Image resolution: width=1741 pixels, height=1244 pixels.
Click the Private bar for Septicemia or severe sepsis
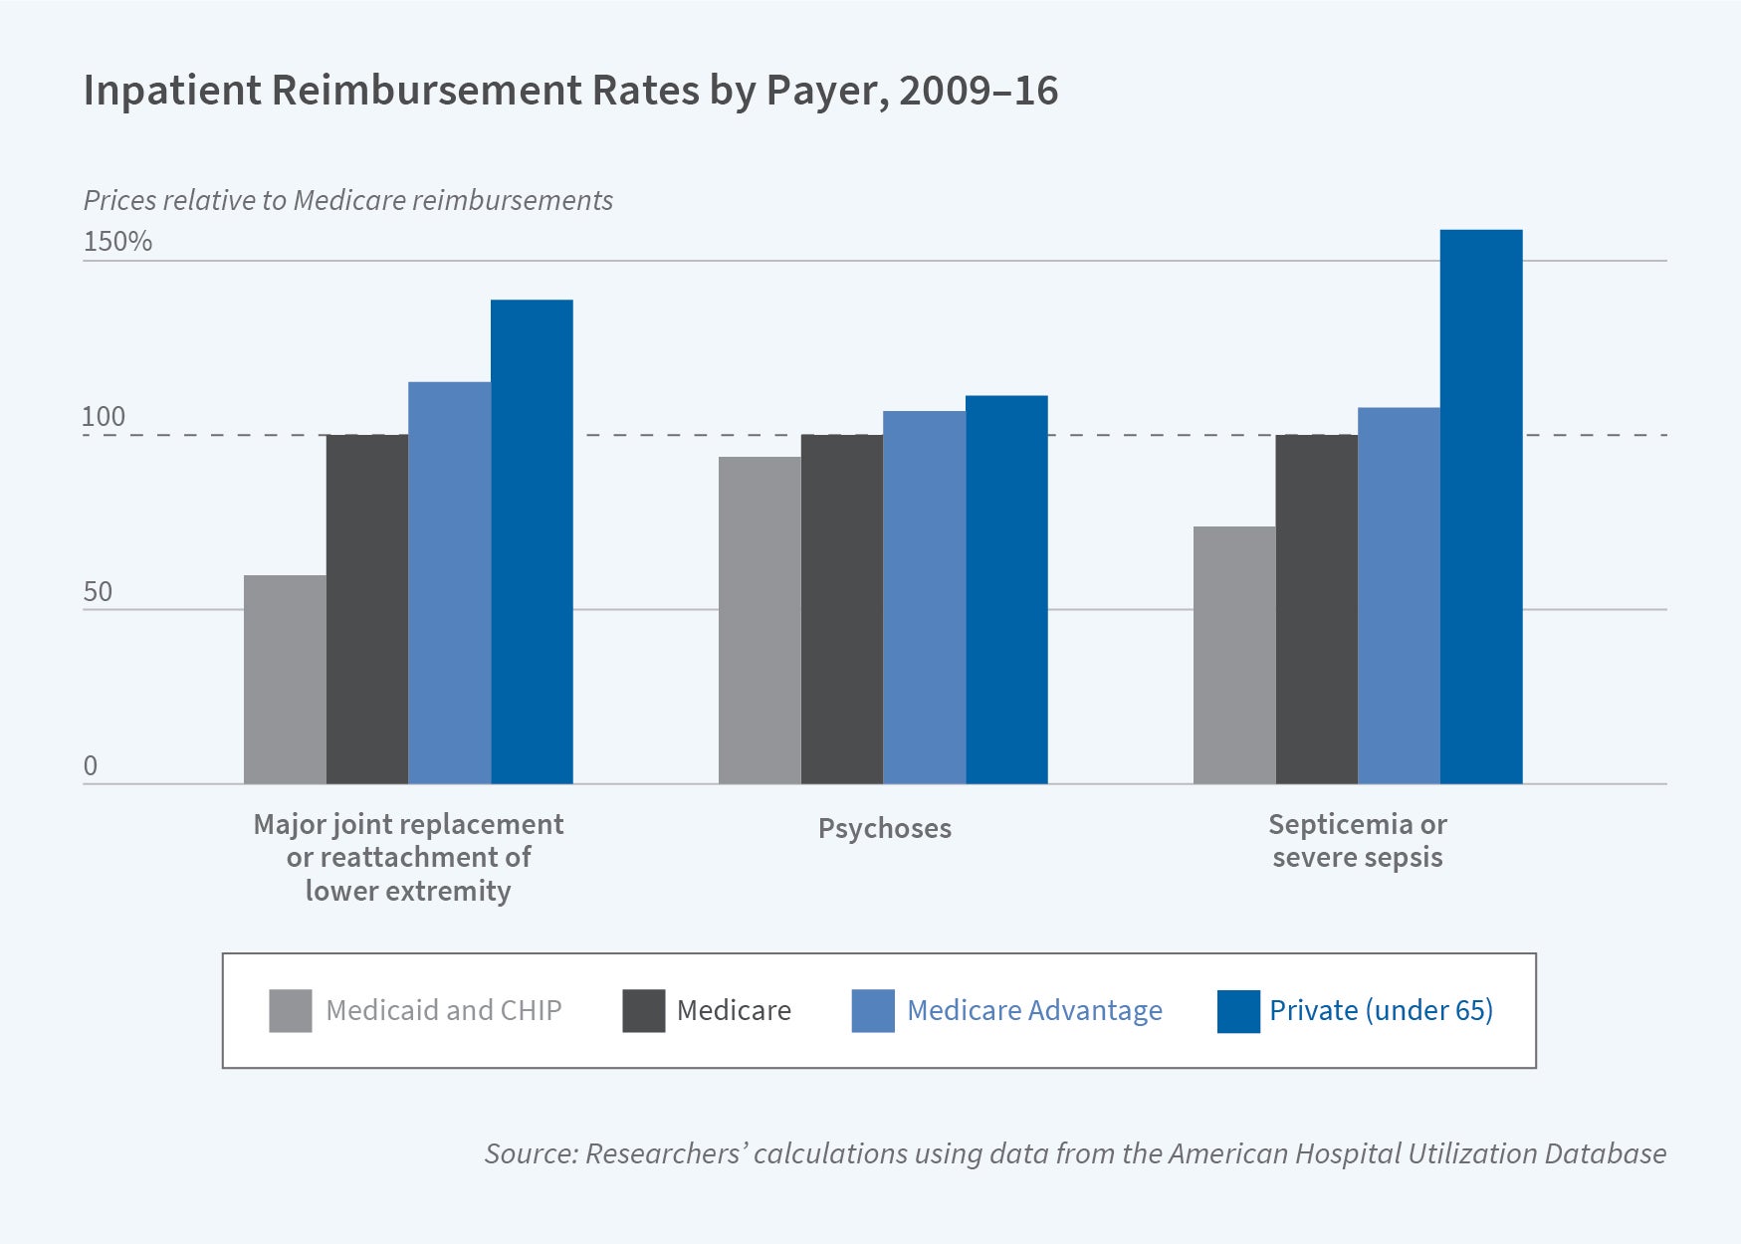(x=1481, y=508)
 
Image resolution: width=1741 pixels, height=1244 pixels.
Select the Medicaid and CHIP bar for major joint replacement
(x=285, y=680)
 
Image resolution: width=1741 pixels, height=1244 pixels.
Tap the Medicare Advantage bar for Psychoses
(x=924, y=597)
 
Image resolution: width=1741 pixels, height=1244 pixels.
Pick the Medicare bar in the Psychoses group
(x=841, y=609)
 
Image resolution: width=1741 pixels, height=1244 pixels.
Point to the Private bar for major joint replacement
(x=532, y=542)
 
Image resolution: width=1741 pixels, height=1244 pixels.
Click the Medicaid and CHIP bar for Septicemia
(x=1234, y=655)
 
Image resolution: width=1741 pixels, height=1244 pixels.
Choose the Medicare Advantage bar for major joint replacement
(x=449, y=583)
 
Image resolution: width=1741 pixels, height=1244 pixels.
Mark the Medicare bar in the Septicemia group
(x=1316, y=609)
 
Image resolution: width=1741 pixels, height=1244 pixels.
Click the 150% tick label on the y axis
(x=117, y=242)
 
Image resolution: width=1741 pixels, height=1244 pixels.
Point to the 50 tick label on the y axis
(x=98, y=592)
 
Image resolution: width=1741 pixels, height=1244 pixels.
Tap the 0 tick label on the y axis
(x=91, y=766)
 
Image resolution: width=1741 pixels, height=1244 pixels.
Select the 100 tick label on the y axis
(x=104, y=417)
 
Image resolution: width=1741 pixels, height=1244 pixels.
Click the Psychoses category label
(x=884, y=828)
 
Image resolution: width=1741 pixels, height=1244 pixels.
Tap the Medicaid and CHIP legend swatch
(x=290, y=1011)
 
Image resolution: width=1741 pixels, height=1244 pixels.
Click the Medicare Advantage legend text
(x=1034, y=1011)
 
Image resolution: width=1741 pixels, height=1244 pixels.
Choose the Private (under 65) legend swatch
(x=1238, y=1011)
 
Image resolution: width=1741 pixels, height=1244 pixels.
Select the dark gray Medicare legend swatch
(x=643, y=1011)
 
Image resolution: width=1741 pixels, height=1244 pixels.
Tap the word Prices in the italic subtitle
(x=119, y=200)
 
